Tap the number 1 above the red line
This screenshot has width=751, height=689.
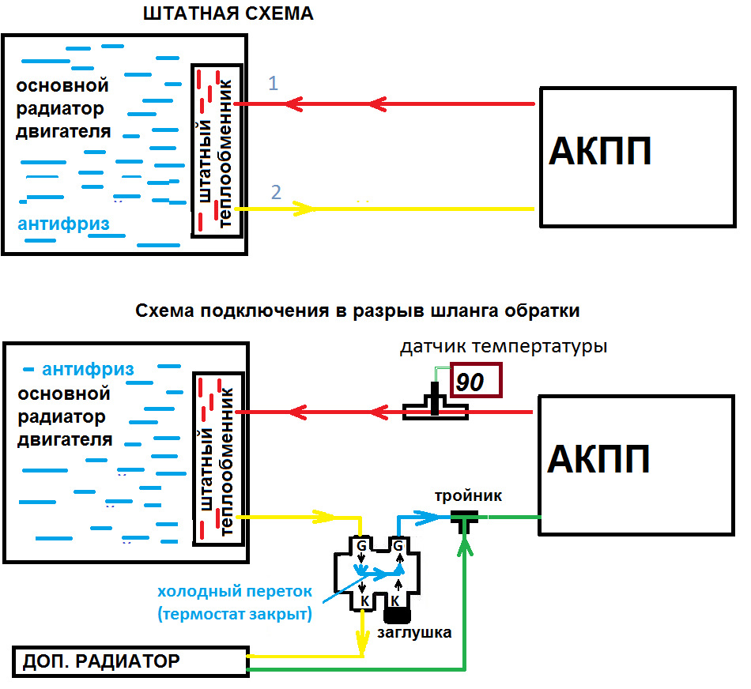click(x=274, y=83)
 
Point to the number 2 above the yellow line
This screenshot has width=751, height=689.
click(x=276, y=191)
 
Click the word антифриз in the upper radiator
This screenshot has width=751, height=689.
click(x=63, y=224)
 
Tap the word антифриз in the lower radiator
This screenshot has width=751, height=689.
click(x=88, y=369)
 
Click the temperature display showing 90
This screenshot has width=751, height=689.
click(x=476, y=381)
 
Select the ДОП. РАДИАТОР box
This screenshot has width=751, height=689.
click(x=131, y=661)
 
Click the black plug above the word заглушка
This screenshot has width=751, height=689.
click(x=398, y=613)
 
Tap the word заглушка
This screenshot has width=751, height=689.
click(x=415, y=632)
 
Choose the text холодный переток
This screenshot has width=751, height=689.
click(x=236, y=592)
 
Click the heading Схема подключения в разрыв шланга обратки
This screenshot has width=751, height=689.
click(x=357, y=311)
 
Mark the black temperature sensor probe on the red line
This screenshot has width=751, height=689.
click(x=434, y=399)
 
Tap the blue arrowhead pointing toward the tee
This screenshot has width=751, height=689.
click(x=432, y=517)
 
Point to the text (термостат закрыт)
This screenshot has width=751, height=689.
click(x=236, y=614)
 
